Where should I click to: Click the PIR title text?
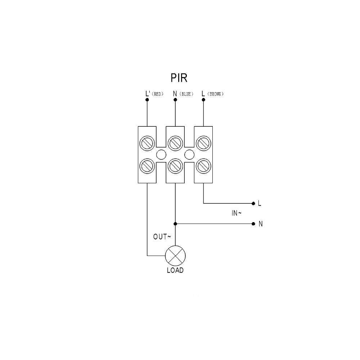pos(179,78)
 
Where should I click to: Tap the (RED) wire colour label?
pos(158,94)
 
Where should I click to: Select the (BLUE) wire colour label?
pos(186,94)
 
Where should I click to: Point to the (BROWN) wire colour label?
pos(215,94)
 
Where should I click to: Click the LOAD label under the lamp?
pos(175,270)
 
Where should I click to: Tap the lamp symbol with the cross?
pos(175,256)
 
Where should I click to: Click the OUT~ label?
pos(162,237)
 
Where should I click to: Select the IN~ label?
pos(237,213)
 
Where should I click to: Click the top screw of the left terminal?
pos(147,143)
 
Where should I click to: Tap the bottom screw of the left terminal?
pos(147,166)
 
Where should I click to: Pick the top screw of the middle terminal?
pos(175,143)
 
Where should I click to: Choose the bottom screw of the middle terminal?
pos(175,166)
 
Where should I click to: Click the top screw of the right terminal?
pos(203,143)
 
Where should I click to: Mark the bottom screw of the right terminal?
pos(203,166)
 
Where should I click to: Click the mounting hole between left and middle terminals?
pos(161,154)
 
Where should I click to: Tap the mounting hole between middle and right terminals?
pos(189,154)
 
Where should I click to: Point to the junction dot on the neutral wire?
pos(175,224)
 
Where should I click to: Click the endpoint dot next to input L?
pos(253,203)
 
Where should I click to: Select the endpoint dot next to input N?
pos(253,224)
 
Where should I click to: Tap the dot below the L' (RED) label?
pos(147,100)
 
